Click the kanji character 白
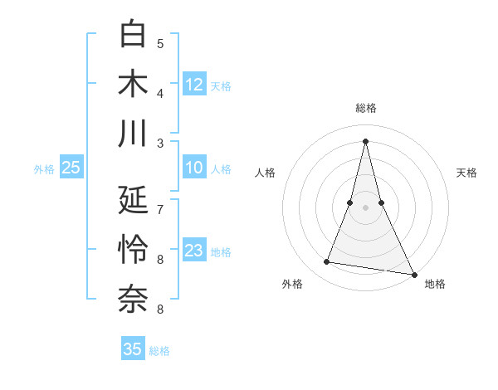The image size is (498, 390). click(x=134, y=36)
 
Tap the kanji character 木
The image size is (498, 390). click(x=134, y=85)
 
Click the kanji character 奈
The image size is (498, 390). click(x=134, y=300)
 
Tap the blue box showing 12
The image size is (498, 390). click(x=194, y=85)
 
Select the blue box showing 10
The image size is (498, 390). click(x=194, y=168)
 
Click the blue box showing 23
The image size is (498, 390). click(x=194, y=251)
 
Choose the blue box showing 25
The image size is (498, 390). click(x=71, y=168)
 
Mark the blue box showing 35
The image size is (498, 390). click(x=133, y=349)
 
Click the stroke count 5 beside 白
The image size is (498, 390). click(x=160, y=44)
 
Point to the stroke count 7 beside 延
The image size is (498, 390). click(x=160, y=209)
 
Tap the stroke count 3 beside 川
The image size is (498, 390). click(x=160, y=142)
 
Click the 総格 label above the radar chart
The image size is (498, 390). click(x=365, y=109)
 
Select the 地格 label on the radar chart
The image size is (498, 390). click(x=435, y=285)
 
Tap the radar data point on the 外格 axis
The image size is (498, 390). click(x=327, y=262)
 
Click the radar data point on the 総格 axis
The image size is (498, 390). click(x=365, y=140)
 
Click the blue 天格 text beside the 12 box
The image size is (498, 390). click(x=221, y=85)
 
